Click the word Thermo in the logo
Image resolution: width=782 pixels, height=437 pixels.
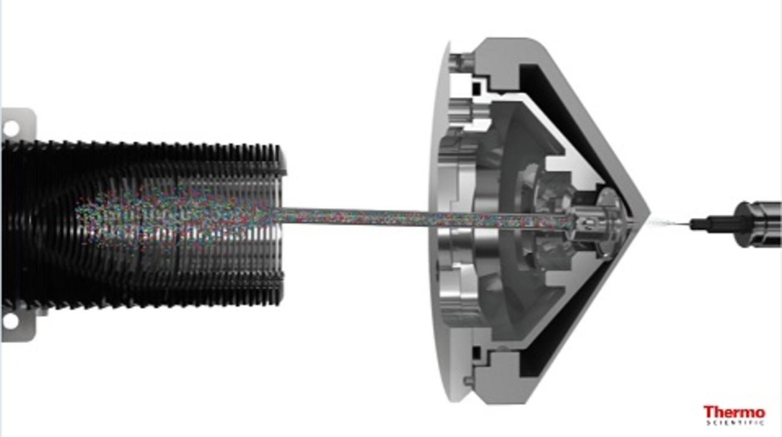[734, 412]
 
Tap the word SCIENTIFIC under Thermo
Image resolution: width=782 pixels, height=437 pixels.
[736, 423]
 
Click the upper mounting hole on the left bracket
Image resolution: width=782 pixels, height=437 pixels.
[11, 128]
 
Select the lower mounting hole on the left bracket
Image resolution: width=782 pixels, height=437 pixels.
[10, 321]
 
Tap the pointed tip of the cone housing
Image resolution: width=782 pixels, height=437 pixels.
[649, 211]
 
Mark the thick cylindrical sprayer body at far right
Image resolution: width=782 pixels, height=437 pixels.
[758, 224]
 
